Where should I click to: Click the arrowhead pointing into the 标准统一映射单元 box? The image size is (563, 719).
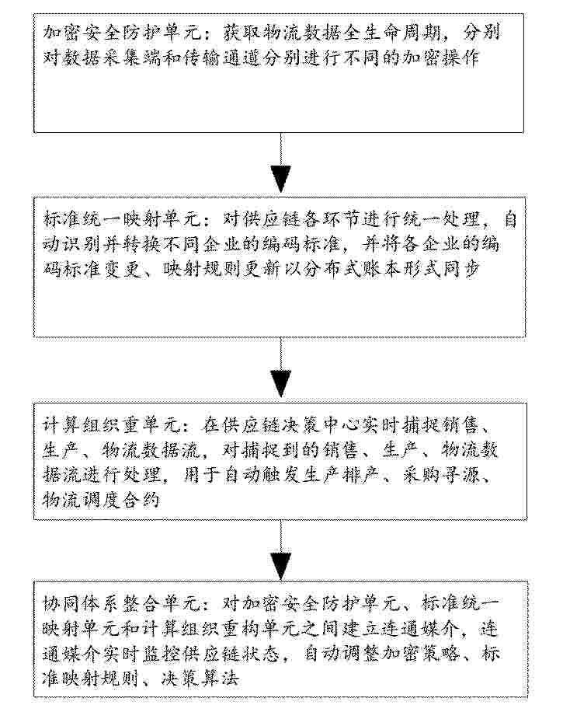[280, 180]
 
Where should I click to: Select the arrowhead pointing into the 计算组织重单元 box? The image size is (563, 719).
[280, 383]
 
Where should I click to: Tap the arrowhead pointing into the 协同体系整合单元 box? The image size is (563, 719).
[280, 566]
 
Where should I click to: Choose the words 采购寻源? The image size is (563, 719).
[440, 475]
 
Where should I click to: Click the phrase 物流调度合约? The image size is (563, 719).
[101, 499]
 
